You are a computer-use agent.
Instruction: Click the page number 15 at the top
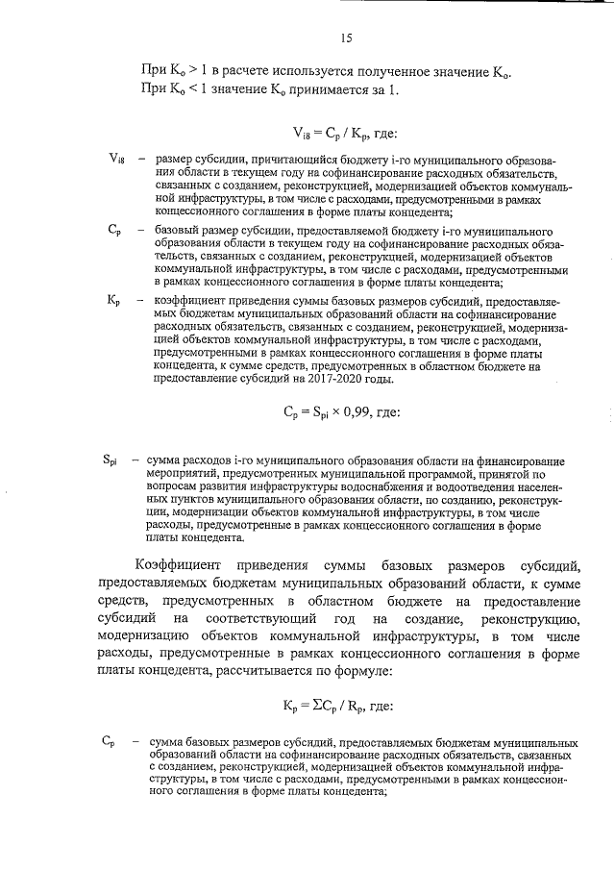[x=346, y=38]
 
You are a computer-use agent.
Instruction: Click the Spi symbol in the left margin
[x=111, y=460]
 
